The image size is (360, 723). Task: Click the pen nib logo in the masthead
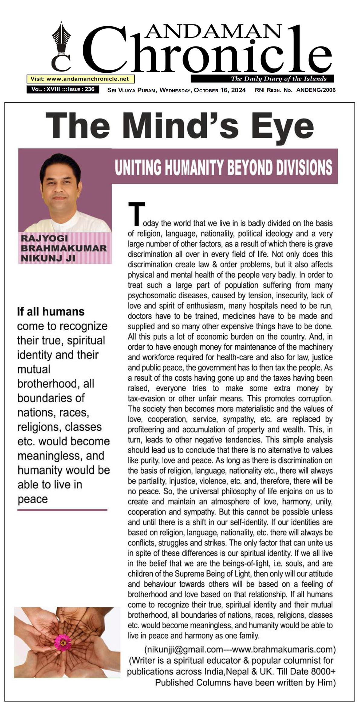click(61, 38)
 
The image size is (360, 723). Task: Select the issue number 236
click(90, 89)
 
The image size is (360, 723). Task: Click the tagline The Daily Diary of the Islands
click(279, 79)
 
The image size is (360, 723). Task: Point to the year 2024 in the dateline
click(238, 90)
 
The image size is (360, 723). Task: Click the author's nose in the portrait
click(60, 190)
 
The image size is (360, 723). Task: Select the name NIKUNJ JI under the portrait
click(48, 258)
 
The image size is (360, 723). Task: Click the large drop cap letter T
click(136, 214)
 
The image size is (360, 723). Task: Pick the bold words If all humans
click(51, 312)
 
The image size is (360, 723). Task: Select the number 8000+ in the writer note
click(322, 672)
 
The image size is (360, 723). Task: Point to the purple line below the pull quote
click(62, 510)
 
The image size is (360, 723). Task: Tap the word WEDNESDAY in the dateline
click(175, 90)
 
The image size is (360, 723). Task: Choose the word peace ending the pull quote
click(33, 499)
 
